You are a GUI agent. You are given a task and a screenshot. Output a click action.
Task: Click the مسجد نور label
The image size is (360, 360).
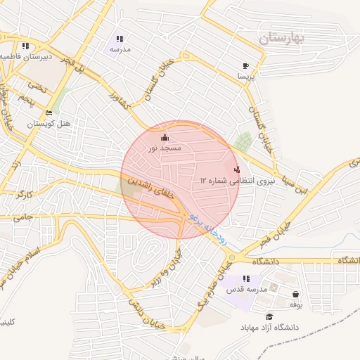pos(165,148)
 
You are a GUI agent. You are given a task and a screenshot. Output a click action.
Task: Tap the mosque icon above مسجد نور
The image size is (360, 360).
pos(165,137)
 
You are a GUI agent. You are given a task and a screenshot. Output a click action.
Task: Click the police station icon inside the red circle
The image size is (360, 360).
pos(237,169)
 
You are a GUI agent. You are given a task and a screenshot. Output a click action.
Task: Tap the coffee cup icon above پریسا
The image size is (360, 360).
pos(245,65)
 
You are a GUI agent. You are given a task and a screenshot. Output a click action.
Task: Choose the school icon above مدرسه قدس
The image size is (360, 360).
pos(246,279)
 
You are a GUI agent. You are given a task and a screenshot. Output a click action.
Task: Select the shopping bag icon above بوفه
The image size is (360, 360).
pos(295,294)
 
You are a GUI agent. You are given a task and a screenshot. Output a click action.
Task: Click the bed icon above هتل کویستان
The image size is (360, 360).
pos(49,112)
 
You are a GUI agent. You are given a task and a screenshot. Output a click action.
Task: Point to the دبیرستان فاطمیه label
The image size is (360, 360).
pos(21,56)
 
